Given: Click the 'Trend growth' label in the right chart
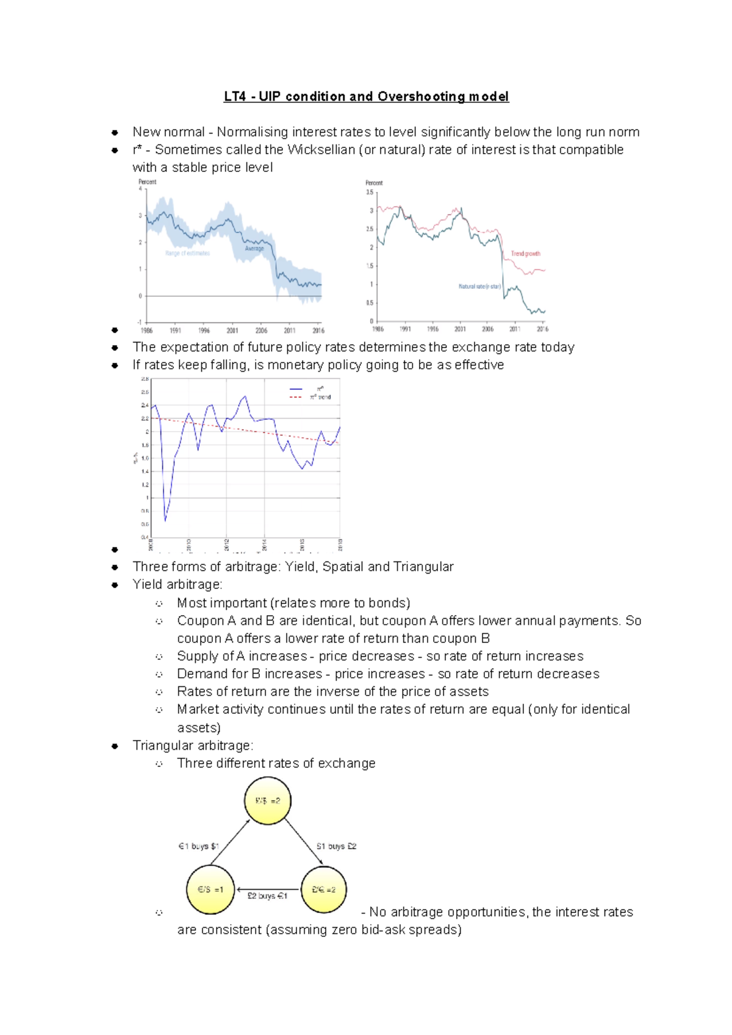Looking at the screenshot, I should click(525, 254).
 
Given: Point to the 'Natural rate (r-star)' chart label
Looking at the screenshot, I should click(479, 286).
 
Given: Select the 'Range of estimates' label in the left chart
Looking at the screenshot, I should click(187, 253).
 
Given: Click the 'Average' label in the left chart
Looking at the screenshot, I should click(254, 248).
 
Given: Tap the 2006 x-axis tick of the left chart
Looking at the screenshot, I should click(261, 330).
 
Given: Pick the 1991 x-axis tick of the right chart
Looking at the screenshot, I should click(405, 329).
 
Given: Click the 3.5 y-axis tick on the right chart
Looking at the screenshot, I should click(370, 192).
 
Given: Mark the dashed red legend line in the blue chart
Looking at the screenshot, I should click(296, 397).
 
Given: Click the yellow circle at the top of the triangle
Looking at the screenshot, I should click(267, 801).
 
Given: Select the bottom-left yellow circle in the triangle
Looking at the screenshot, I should click(210, 890).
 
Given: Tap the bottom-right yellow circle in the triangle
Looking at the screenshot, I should click(323, 890).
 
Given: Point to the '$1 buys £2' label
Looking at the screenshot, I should click(336, 846).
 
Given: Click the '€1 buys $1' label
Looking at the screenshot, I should click(198, 846).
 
